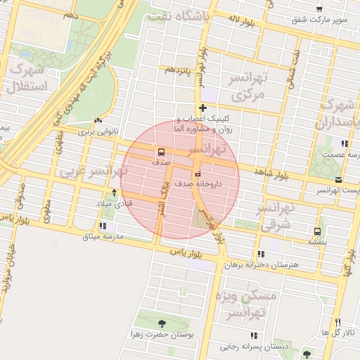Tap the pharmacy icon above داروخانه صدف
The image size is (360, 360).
(198, 173)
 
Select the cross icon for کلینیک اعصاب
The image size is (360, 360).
(203, 108)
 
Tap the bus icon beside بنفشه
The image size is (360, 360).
(318, 231)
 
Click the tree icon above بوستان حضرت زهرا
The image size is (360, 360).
(162, 323)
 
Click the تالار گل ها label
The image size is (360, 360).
(336, 332)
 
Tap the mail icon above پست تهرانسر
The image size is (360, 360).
(339, 181)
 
